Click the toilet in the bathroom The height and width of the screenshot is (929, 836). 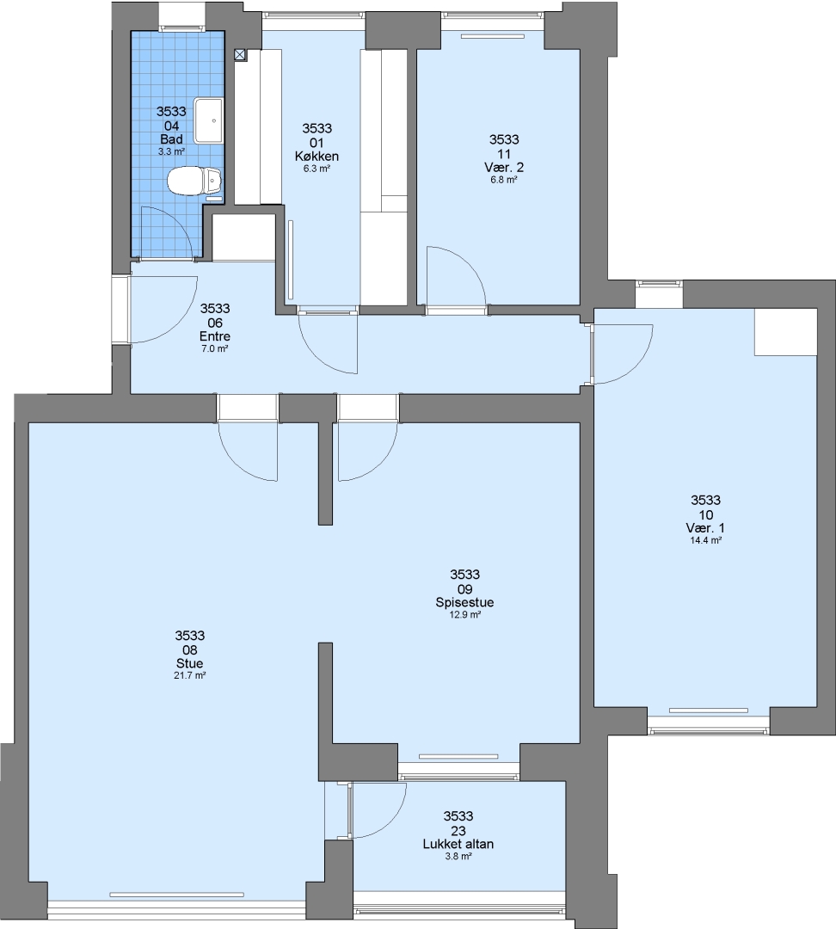194,181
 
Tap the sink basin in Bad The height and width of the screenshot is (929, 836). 209,121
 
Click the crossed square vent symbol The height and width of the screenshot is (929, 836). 240,55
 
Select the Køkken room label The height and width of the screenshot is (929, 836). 317,157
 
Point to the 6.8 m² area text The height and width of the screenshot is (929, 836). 504,180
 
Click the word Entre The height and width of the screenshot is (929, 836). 215,336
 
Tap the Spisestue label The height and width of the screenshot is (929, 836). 464,602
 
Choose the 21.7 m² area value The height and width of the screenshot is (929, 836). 189,675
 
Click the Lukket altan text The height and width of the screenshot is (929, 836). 458,845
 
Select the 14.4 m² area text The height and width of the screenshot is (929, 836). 705,540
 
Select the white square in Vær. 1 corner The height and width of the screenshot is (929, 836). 785,332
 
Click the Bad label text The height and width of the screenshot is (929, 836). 171,139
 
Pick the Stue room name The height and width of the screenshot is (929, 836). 189,663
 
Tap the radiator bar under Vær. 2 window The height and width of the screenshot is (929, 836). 493,36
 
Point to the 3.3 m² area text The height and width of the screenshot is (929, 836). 171,151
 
